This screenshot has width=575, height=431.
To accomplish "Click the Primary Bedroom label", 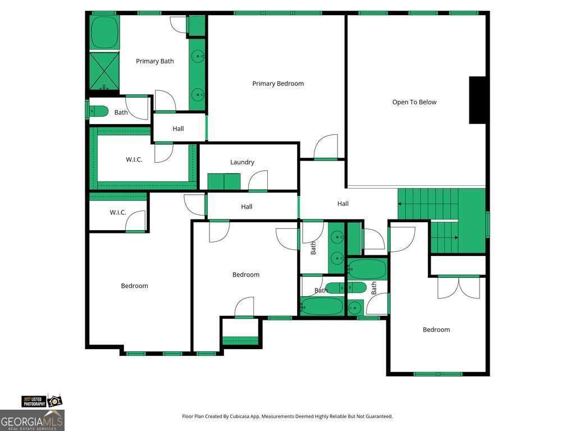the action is pos(278,84).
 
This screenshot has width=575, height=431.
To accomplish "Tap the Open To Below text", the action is pos(414,102).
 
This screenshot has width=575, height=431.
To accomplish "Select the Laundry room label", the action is pos(242,162).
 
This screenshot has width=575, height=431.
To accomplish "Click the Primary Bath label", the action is pos(155,61).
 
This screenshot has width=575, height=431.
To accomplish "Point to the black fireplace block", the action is pos(477,100).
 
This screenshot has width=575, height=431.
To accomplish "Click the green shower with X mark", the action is pos(104,71).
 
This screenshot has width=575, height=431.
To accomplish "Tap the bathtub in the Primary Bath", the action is pos(104,32).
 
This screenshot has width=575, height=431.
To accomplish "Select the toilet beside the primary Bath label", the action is pos(99,111).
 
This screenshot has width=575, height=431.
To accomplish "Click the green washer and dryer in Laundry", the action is pos(224,181).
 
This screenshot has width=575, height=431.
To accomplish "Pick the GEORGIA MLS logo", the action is pos(32,420).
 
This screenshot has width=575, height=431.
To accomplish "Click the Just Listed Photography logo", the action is pos(42,401).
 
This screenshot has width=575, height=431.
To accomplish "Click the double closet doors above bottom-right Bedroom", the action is pos(458,288).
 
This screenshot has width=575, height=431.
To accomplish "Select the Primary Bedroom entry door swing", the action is pos(326,146).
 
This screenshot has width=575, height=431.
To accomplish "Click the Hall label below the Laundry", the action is pos(247,207).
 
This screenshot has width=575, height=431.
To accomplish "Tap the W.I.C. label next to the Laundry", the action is pos(134,159).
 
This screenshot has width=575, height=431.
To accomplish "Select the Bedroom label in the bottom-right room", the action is pos(436,329).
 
